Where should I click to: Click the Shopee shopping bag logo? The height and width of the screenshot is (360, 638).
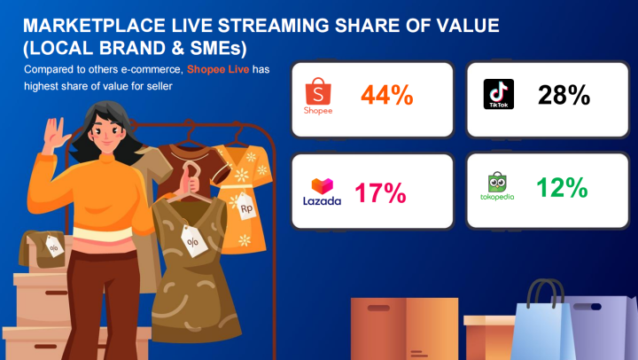pyautogui.click(x=318, y=91)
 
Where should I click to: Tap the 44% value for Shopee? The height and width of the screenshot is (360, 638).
pyautogui.click(x=387, y=95)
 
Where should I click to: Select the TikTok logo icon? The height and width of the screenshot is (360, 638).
pyautogui.click(x=498, y=94)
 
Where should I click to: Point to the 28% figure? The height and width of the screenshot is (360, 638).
pyautogui.click(x=564, y=95)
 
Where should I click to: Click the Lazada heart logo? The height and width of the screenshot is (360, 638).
pyautogui.click(x=323, y=186)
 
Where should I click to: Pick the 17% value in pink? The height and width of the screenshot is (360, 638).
pyautogui.click(x=380, y=192)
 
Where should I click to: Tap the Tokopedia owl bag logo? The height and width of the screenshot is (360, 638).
pyautogui.click(x=497, y=182)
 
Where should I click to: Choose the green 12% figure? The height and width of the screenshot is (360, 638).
pyautogui.click(x=562, y=188)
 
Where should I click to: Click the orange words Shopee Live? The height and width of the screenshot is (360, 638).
pyautogui.click(x=218, y=69)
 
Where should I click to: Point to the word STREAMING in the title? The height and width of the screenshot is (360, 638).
pyautogui.click(x=274, y=25)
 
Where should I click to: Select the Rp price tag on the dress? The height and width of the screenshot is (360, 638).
pyautogui.click(x=246, y=207)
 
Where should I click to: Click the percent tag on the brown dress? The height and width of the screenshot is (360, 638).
pyautogui.click(x=194, y=240)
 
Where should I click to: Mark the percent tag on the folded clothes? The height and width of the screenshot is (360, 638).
pyautogui.click(x=54, y=246)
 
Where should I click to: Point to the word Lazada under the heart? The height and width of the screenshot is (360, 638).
pyautogui.click(x=323, y=200)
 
